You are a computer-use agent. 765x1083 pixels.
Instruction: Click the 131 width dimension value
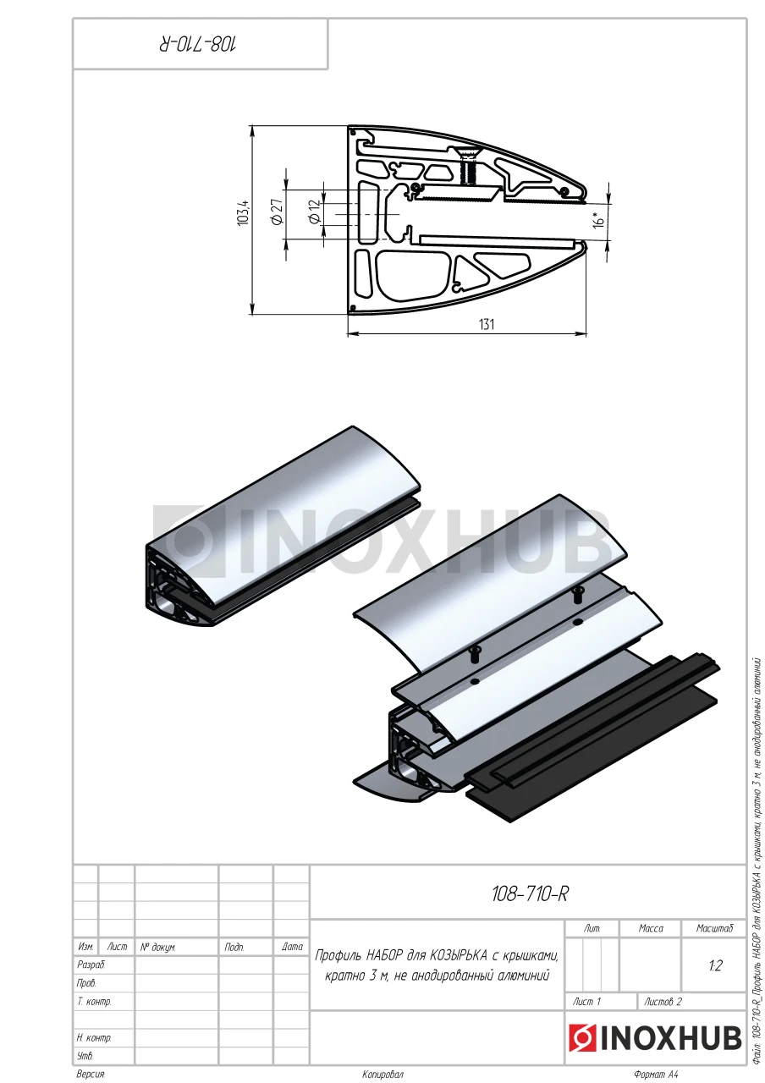point(487,324)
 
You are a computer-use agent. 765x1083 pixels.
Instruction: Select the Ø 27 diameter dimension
point(277,212)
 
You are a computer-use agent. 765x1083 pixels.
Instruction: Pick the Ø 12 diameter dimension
point(314,212)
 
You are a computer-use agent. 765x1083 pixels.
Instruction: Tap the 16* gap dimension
point(597,219)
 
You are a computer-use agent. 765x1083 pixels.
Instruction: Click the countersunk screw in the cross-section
point(467,167)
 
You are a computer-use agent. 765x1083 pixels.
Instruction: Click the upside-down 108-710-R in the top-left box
point(198,45)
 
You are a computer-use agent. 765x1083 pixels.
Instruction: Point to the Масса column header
point(651,928)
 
